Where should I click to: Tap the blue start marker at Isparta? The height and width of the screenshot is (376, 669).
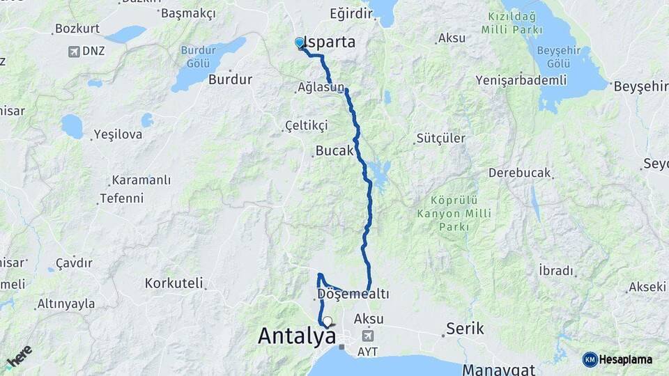pos(300,43)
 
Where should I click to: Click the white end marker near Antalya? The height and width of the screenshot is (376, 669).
pos(327,321)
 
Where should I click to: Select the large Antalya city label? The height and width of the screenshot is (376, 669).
pos(296,336)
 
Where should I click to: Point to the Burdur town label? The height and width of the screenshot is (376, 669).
pos(230,79)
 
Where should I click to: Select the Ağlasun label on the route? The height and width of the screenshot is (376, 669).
pos(321,88)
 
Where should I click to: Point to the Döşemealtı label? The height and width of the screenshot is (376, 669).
pos(353,295)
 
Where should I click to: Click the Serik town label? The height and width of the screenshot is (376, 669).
pos(465,327)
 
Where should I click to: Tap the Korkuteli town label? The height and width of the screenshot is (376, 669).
pos(174,283)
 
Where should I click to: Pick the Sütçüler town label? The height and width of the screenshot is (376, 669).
pos(440,138)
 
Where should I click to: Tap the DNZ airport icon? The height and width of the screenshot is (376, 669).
pos(73,51)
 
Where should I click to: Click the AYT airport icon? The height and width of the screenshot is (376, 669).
pos(367,336)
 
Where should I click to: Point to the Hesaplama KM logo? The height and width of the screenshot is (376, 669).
pos(618,359)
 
